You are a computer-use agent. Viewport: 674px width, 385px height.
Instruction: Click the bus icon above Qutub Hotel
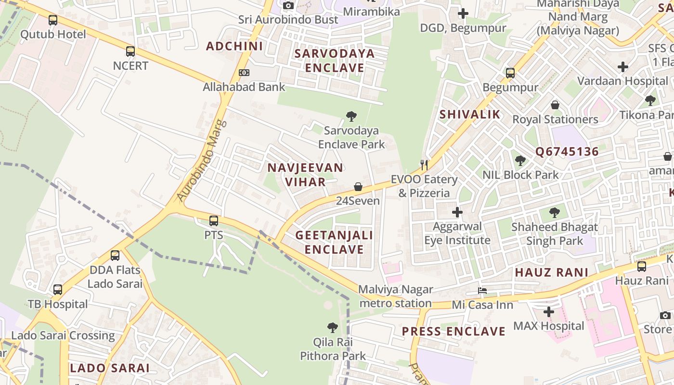[53, 20]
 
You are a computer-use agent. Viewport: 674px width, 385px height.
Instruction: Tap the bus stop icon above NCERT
[130, 51]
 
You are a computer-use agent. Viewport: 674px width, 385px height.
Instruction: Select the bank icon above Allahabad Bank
[244, 73]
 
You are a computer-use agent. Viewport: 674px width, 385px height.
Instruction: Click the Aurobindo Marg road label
[201, 160]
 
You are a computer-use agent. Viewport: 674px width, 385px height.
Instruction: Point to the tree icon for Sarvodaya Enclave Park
[351, 116]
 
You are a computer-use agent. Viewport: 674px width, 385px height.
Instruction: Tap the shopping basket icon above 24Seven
[358, 187]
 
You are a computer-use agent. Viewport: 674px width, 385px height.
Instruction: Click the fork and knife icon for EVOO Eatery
[424, 165]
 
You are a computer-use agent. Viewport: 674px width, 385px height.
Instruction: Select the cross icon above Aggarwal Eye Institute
[457, 212]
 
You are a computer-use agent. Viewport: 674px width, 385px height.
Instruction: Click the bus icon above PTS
[214, 221]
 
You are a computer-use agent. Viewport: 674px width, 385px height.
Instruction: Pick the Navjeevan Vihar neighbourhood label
[305, 175]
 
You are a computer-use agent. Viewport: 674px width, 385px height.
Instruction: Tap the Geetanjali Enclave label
[334, 242]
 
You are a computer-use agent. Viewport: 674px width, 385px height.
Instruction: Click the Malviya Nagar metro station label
[396, 296]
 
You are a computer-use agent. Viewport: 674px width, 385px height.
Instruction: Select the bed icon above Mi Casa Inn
[482, 291]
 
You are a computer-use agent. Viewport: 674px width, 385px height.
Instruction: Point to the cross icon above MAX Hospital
[549, 312]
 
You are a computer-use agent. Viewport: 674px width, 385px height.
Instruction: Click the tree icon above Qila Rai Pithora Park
[333, 328]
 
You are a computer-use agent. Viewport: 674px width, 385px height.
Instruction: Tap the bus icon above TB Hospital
[58, 290]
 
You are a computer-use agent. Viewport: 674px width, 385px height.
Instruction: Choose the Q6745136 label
[567, 152]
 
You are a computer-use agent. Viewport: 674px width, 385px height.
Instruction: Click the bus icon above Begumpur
[510, 73]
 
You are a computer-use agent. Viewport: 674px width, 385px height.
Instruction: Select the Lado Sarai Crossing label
[63, 335]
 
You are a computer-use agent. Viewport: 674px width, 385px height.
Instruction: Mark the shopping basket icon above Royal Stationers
[555, 105]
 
